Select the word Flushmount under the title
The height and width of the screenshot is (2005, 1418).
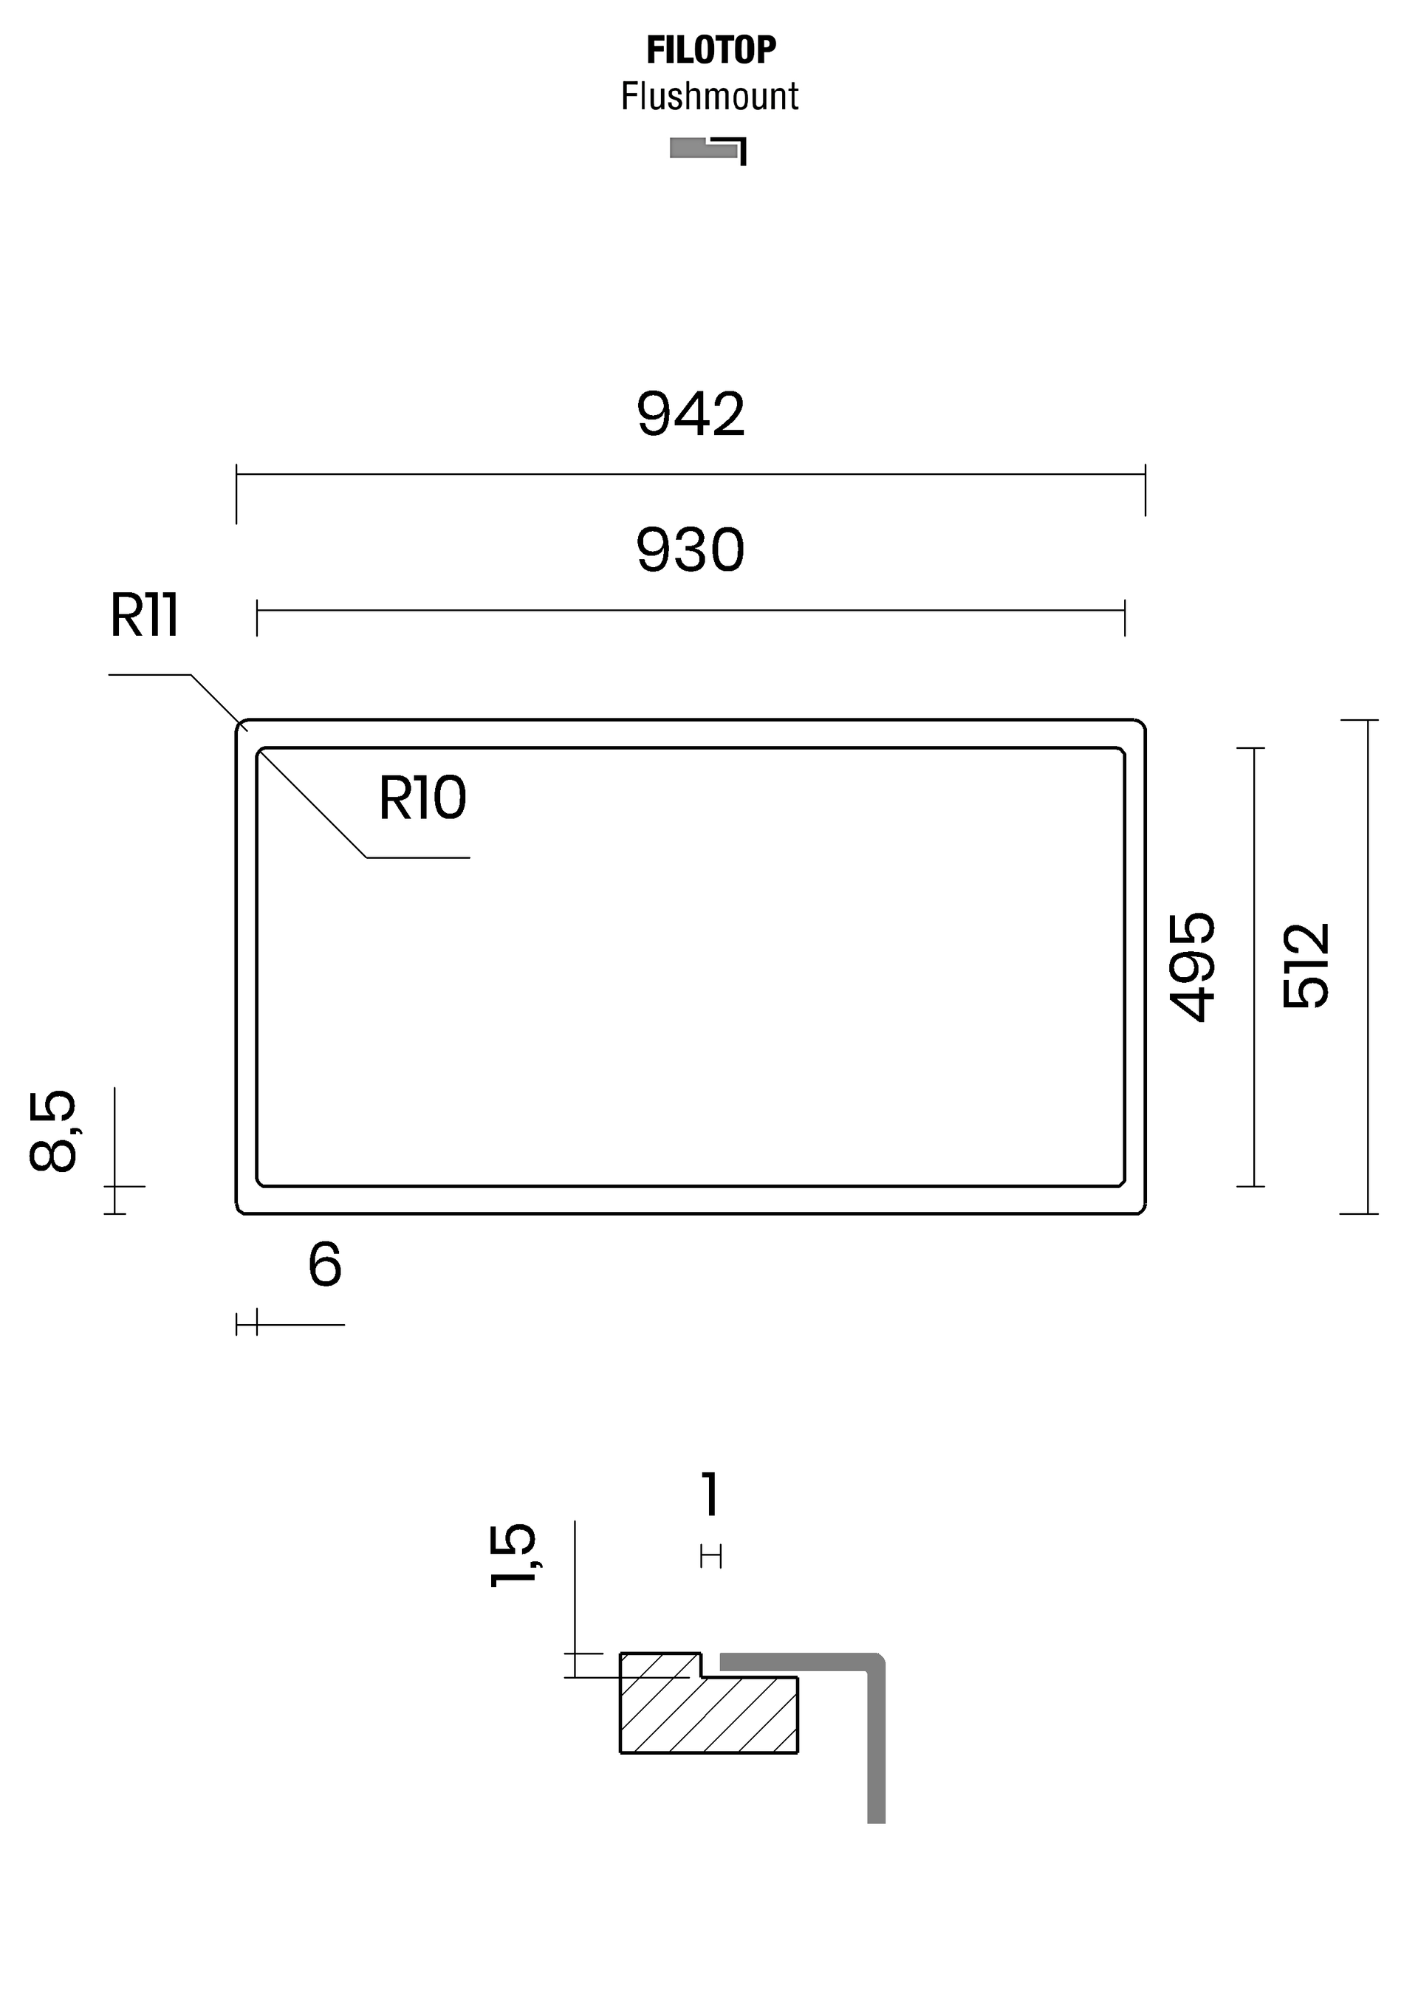(709, 96)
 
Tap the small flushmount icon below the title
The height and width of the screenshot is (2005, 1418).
(708, 150)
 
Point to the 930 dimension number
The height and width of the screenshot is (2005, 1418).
(690, 549)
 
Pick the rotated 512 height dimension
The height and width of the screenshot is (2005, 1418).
(1305, 966)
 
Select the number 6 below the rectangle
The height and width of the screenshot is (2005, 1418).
(325, 1264)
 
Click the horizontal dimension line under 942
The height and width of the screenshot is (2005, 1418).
(691, 474)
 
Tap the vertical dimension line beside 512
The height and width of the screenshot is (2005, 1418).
(1367, 967)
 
